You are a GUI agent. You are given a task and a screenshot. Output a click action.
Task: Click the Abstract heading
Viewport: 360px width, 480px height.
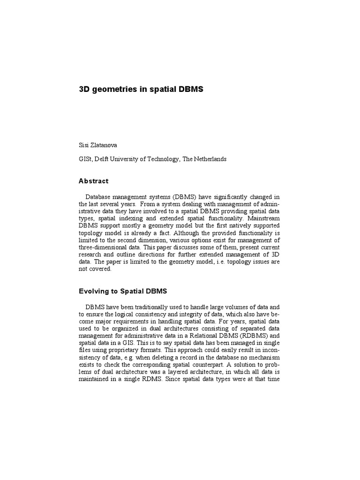pyautogui.click(x=93, y=181)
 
